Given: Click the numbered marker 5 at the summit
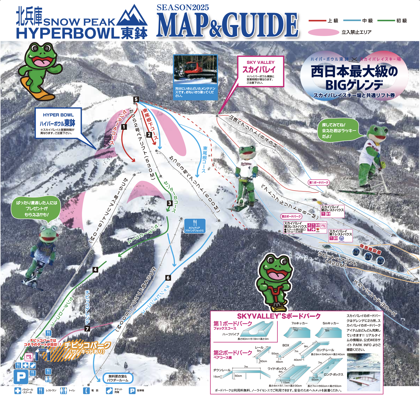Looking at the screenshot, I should point(136,99).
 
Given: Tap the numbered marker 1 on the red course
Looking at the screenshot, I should point(124,127).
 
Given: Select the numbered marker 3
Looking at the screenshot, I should point(170,203).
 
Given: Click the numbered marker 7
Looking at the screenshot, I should point(87,329).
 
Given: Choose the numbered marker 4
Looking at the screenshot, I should point(95,269).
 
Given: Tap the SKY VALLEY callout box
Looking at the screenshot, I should point(260,72).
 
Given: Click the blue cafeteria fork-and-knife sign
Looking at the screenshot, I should point(195,226).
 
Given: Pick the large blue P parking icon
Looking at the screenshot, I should point(21,377).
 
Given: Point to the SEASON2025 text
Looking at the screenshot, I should point(183,7).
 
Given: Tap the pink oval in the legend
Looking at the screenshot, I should point(323,32).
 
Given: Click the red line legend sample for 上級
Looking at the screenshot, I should point(317,21).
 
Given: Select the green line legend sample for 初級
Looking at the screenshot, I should point(386,21).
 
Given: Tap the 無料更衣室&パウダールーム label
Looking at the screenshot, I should point(118,378).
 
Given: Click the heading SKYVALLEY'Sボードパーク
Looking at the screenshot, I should point(279,316).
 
